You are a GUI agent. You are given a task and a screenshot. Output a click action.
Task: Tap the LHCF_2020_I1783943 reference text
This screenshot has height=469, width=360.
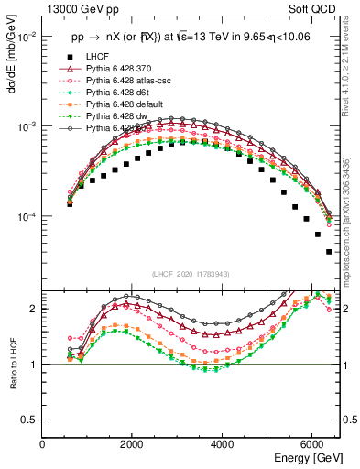tap(191, 274)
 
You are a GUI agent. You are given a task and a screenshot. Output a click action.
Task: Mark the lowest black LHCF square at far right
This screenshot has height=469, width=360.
tap(329, 252)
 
